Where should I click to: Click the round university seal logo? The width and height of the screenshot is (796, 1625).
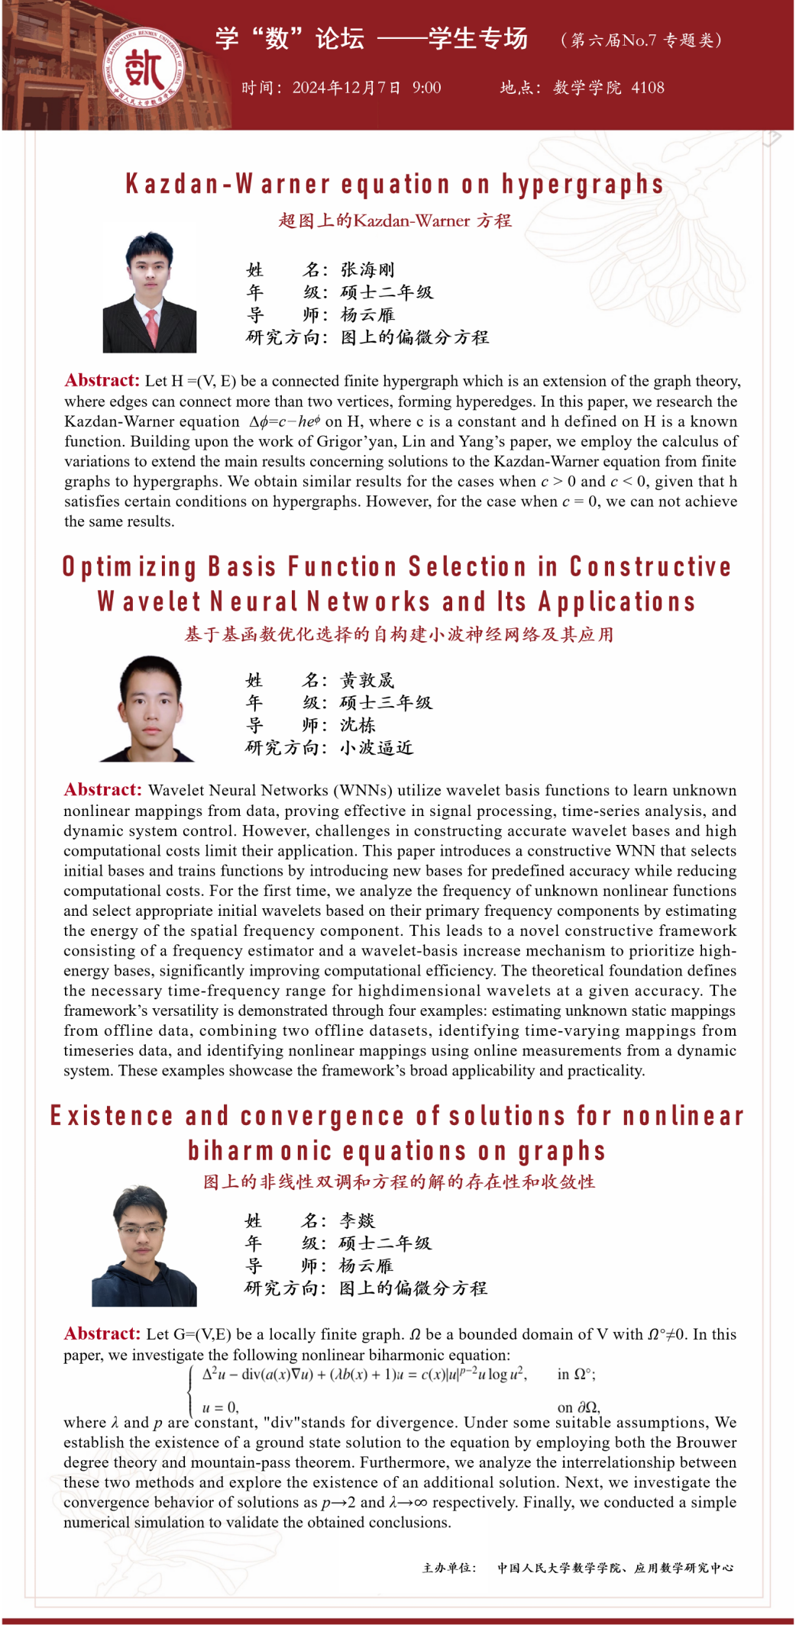[x=144, y=69]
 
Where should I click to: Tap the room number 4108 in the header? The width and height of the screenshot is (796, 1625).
[x=647, y=88]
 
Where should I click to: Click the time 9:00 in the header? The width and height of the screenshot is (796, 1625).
[x=426, y=88]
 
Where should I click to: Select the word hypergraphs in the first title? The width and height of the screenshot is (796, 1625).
[x=582, y=185]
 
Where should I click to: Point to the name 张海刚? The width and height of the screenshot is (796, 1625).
[x=367, y=269]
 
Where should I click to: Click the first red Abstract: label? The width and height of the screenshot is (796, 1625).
[x=102, y=380]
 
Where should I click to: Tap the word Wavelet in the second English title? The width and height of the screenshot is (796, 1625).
[x=149, y=602]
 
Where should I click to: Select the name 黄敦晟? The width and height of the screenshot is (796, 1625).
[x=367, y=680]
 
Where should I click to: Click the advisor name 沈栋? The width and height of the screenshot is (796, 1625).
[x=358, y=725]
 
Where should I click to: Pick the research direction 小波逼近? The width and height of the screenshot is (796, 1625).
[x=377, y=747]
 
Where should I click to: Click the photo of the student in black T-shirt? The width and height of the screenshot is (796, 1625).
[x=149, y=709]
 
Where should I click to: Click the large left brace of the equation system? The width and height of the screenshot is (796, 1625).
[x=190, y=1391]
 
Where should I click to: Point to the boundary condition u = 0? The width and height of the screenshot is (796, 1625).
[x=220, y=1407]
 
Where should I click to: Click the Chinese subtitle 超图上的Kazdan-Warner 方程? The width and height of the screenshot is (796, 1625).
[x=395, y=221]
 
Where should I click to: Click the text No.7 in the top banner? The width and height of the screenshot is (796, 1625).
[x=640, y=40]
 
